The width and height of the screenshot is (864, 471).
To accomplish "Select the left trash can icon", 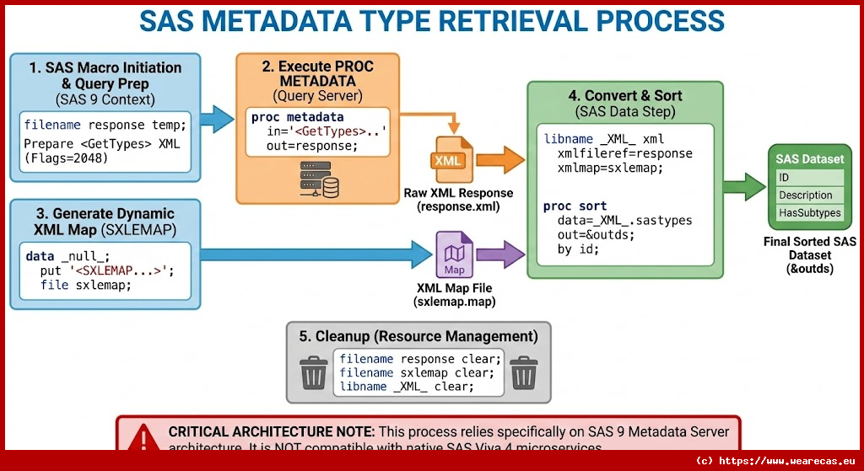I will pyautogui.click(x=314, y=372).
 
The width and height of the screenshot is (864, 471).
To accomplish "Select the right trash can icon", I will pyautogui.click(x=524, y=372).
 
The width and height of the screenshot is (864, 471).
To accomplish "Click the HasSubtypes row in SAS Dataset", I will pyautogui.click(x=810, y=213).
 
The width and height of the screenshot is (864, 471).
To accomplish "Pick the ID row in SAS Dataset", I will pyautogui.click(x=810, y=178).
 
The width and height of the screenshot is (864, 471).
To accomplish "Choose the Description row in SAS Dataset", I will pyautogui.click(x=810, y=195).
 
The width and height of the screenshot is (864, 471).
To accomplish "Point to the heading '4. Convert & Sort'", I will pyautogui.click(x=625, y=96).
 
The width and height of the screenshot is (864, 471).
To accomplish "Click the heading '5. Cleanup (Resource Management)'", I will pyautogui.click(x=418, y=335).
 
